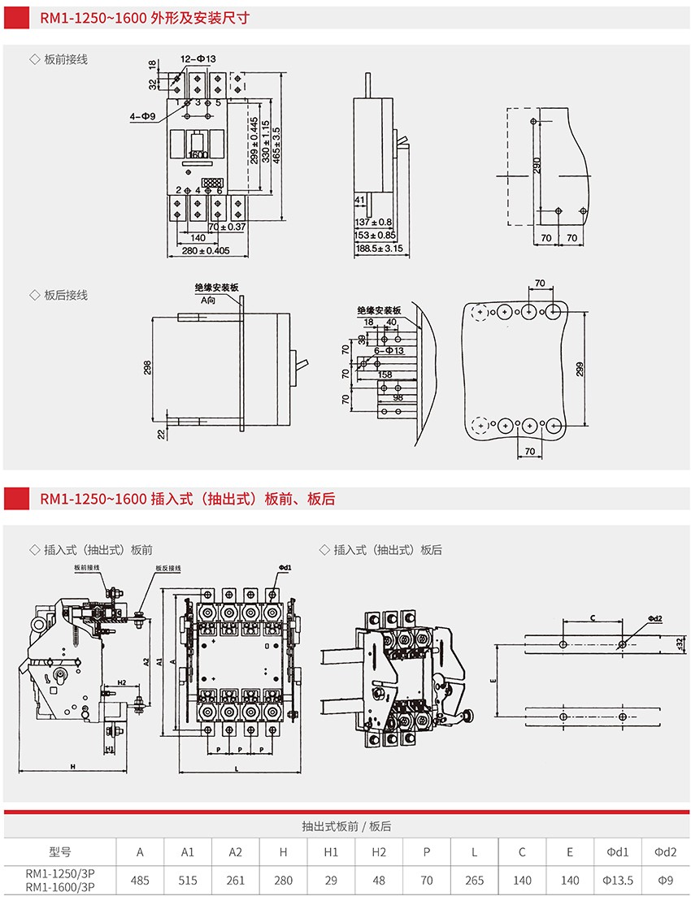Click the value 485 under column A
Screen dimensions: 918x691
(140, 880)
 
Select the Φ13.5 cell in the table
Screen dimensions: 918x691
(618, 880)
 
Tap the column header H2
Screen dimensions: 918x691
(379, 851)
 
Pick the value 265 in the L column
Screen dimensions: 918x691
(474, 880)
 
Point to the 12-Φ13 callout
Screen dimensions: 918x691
(198, 58)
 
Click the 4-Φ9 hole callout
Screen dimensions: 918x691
(142, 117)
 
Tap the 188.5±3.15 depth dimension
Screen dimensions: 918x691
(380, 249)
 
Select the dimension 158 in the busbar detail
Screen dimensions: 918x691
(385, 375)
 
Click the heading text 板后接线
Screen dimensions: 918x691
(65, 295)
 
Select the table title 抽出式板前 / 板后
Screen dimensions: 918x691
(346, 826)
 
